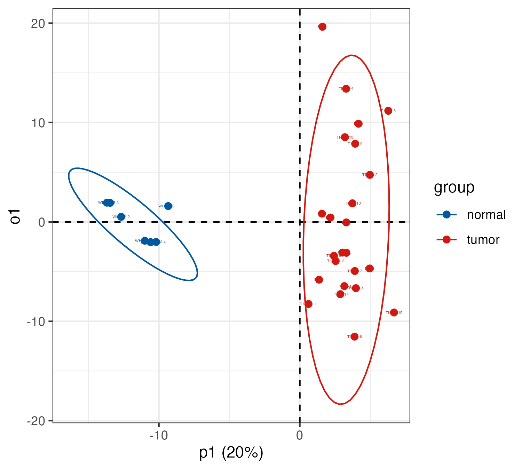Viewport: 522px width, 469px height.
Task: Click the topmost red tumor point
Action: pos(323,27)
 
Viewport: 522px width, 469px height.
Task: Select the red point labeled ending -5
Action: pos(388,111)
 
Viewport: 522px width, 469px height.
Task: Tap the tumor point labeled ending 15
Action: pos(394,312)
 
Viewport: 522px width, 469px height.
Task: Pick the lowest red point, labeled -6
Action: pos(355,337)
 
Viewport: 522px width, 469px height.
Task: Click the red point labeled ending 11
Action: pos(308,304)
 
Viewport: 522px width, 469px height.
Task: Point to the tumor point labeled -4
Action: pos(346,89)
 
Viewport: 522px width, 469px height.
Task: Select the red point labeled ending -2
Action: pos(370,175)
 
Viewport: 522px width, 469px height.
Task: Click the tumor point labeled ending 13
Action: pos(353,203)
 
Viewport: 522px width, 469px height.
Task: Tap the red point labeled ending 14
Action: pos(340,294)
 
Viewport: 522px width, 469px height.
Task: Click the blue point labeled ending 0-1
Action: pos(168,206)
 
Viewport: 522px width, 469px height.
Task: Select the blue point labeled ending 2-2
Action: pos(121,217)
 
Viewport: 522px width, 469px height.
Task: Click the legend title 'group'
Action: pos(454,188)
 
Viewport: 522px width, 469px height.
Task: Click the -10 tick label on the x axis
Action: pos(159,435)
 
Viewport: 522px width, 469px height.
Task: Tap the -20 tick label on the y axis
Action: pos(37,421)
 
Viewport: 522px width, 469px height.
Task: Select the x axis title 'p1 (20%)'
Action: pos(231,453)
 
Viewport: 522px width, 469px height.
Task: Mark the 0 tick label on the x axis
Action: pos(299,435)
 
